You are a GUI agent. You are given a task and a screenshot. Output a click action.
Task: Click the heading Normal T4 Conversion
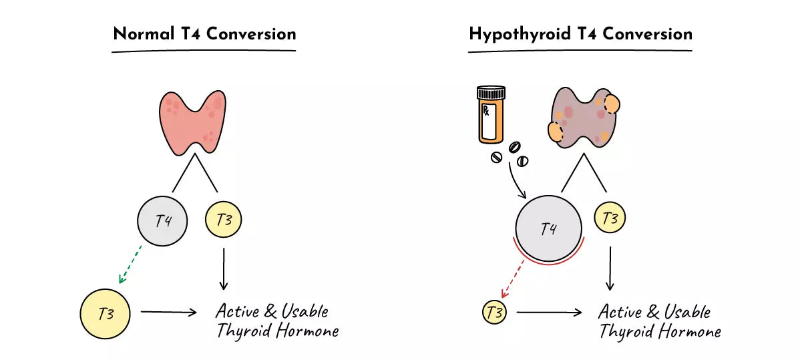click(204, 34)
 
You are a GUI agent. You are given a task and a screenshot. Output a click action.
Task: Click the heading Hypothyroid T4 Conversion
click(580, 35)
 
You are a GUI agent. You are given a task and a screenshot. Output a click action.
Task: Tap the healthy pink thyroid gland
click(192, 122)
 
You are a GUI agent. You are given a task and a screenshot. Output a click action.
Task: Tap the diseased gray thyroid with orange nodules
click(584, 118)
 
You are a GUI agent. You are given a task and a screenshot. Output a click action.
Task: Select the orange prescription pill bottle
click(491, 115)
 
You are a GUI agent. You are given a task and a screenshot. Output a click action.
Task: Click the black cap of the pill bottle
click(491, 92)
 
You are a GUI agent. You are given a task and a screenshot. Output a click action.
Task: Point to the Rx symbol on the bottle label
click(486, 110)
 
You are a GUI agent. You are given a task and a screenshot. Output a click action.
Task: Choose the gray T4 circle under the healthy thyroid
click(162, 220)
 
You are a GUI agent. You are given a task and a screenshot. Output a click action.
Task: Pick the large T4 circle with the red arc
click(548, 228)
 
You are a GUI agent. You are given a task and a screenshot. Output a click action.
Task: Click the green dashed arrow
click(130, 264)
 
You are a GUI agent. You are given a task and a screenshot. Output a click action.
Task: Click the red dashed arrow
click(512, 279)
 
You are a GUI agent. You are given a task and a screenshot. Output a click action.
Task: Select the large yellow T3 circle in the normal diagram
click(106, 314)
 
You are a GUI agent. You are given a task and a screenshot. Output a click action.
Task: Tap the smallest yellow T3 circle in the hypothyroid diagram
click(494, 312)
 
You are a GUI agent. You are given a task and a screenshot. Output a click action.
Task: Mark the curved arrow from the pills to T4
click(514, 181)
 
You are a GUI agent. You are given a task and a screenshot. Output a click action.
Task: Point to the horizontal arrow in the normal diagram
click(169, 312)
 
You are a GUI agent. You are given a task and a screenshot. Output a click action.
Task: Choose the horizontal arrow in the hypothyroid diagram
click(549, 313)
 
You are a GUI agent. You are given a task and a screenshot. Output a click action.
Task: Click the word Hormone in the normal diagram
click(308, 331)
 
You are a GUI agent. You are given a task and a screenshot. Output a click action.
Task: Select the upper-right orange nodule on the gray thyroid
click(612, 104)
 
